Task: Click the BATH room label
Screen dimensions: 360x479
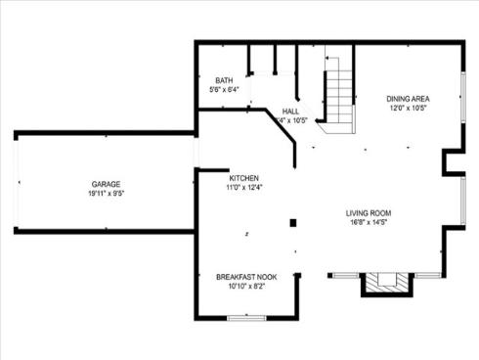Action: (x=224, y=80)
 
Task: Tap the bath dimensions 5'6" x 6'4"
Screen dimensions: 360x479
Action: (x=224, y=89)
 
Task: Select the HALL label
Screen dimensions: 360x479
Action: (x=290, y=112)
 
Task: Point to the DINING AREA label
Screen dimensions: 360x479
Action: (x=408, y=98)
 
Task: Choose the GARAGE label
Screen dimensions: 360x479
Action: (x=106, y=184)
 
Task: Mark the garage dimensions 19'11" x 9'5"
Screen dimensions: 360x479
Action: (x=106, y=193)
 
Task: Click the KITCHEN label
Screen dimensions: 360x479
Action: (x=243, y=178)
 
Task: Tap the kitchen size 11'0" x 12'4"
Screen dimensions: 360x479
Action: (x=243, y=187)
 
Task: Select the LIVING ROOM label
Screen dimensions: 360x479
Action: (x=368, y=213)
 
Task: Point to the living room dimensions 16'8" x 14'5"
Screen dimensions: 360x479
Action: (x=368, y=222)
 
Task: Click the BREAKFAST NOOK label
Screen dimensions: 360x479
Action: (x=245, y=278)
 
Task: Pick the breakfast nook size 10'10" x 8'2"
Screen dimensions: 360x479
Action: (x=245, y=287)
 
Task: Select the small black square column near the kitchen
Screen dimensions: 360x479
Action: (x=291, y=224)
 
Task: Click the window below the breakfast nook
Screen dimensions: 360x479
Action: (x=245, y=317)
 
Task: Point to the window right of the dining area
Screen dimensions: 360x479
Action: (x=462, y=98)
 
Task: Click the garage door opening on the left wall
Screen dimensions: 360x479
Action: (x=17, y=182)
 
